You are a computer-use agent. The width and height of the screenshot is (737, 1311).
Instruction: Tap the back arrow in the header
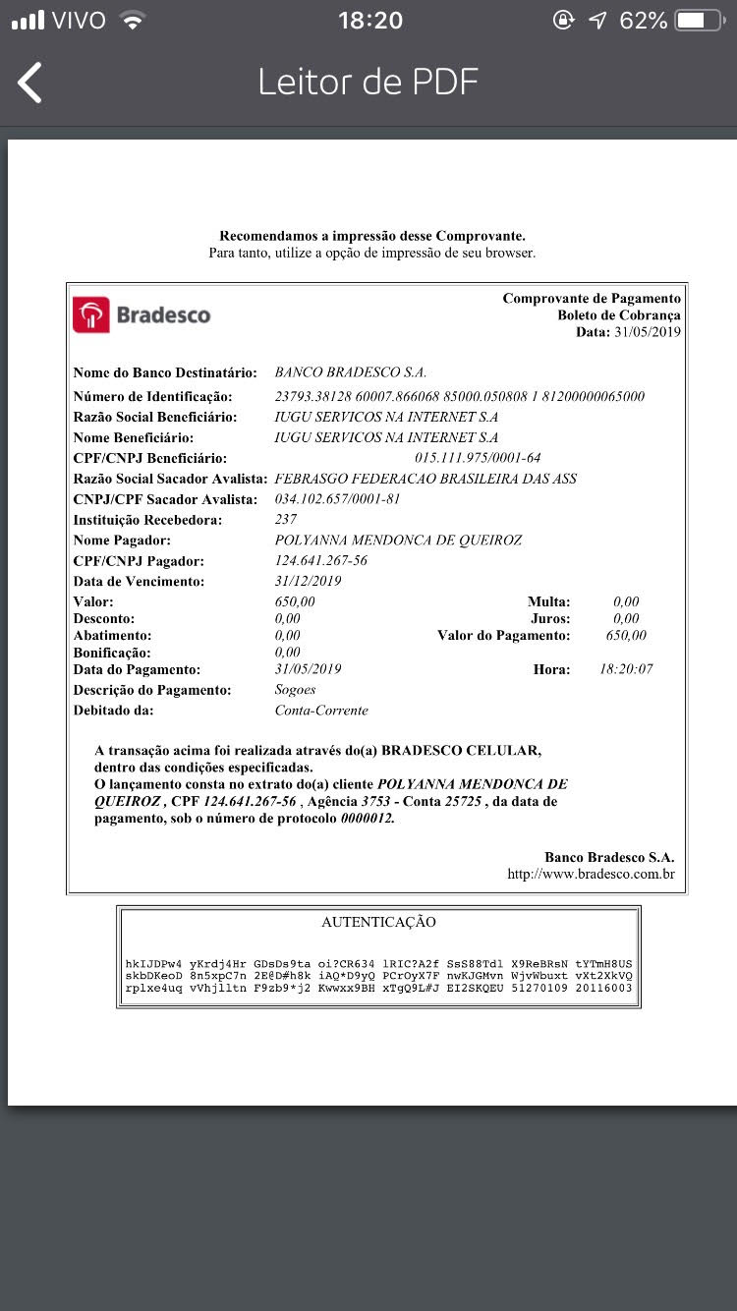tap(30, 83)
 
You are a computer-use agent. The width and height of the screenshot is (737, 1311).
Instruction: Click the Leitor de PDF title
tap(368, 82)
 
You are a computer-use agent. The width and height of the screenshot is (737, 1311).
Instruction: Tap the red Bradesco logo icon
tap(91, 314)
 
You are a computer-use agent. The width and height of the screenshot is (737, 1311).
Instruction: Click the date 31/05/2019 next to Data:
tap(648, 332)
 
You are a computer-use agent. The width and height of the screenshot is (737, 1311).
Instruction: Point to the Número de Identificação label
tap(153, 396)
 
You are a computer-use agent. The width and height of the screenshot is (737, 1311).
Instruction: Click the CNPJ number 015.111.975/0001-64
tap(478, 458)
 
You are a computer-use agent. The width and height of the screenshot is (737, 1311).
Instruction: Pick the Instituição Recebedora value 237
tap(286, 520)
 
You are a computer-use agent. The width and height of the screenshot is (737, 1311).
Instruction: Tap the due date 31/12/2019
tap(308, 581)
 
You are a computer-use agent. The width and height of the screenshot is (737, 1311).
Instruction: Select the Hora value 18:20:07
tap(626, 669)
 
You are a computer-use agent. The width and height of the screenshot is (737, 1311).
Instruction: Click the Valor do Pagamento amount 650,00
tap(626, 636)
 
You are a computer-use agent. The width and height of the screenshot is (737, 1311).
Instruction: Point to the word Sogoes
tap(296, 690)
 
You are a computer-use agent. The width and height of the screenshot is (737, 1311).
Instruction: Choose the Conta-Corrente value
tap(321, 711)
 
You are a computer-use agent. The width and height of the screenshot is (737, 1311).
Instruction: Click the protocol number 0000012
tap(368, 819)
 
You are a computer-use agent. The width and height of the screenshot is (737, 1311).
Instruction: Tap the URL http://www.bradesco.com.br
tap(591, 874)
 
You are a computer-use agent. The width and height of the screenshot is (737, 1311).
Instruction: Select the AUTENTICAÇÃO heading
tap(378, 922)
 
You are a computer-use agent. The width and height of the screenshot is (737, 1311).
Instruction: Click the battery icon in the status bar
tap(699, 20)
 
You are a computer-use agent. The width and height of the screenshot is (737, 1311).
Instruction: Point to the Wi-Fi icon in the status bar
tap(131, 20)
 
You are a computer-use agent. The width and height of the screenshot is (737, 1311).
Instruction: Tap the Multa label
tap(547, 601)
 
